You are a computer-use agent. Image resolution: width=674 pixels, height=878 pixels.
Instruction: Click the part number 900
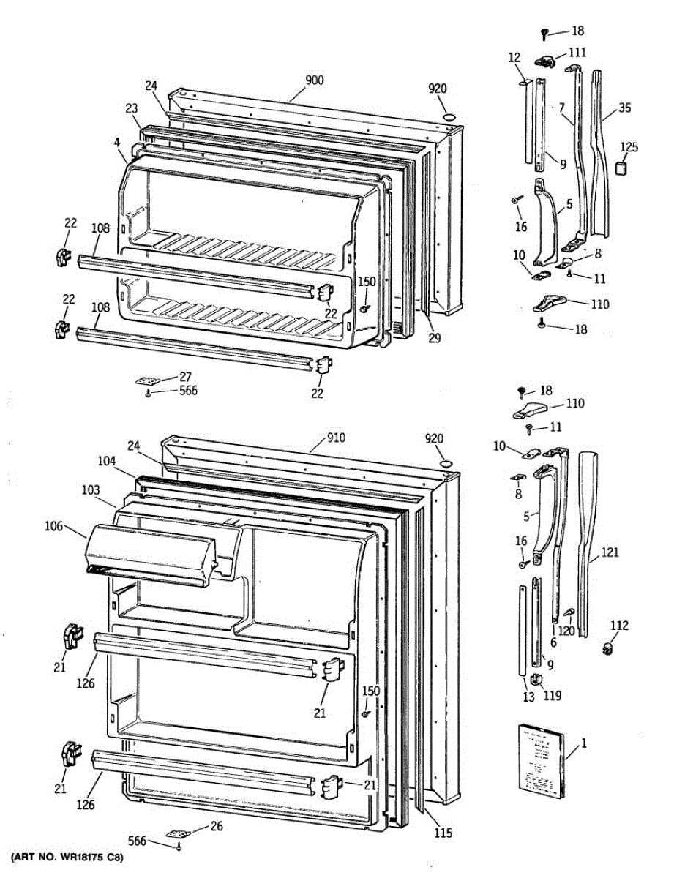(x=315, y=80)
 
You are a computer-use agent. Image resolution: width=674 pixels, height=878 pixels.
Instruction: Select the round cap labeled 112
(x=606, y=648)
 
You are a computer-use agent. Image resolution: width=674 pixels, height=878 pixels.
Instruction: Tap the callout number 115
(x=442, y=833)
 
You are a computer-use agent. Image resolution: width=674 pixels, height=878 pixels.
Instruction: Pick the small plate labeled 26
(x=178, y=833)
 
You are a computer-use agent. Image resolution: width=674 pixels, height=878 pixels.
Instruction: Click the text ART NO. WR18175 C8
(x=67, y=857)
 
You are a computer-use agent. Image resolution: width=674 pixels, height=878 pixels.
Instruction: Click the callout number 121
(x=610, y=553)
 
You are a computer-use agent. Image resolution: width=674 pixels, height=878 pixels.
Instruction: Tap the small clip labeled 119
(x=536, y=680)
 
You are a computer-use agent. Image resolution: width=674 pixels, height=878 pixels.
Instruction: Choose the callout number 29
(x=435, y=338)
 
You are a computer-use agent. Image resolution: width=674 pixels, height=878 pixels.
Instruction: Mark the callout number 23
(x=132, y=108)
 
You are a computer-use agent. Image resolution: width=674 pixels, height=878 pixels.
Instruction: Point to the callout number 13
(x=528, y=697)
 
